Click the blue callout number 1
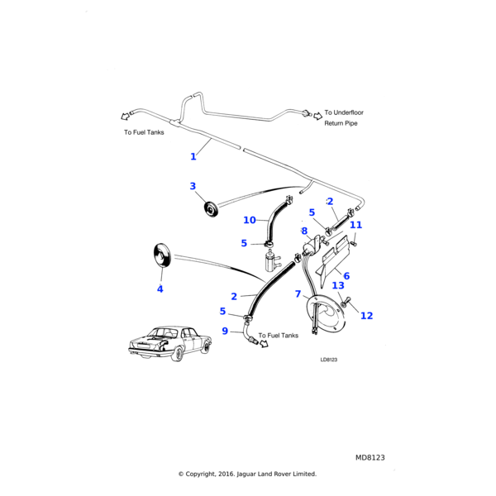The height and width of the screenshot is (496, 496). tap(193, 156)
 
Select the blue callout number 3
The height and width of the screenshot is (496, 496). tap(193, 186)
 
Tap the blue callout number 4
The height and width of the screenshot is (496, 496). tap(160, 289)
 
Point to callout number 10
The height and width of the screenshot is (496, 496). tap(250, 220)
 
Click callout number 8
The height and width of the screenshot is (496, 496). tap(304, 231)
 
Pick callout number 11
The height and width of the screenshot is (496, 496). tap(355, 225)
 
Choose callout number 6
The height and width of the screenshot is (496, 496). tap(346, 276)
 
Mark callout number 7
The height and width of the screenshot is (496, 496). tap(298, 293)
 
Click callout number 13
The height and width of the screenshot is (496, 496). tap(338, 286)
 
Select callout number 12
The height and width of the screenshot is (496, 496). tap(366, 316)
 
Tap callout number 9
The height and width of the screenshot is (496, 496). tap(225, 331)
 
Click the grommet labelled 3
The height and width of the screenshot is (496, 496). tap(210, 209)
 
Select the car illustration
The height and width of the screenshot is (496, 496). tap(170, 343)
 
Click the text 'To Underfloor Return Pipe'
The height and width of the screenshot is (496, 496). tap(344, 117)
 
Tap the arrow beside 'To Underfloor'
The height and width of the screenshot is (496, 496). tap(317, 116)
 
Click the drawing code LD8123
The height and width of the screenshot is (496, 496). tap(329, 360)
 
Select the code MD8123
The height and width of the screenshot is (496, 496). tap(370, 457)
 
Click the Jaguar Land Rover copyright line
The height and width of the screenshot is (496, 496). tap(247, 474)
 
